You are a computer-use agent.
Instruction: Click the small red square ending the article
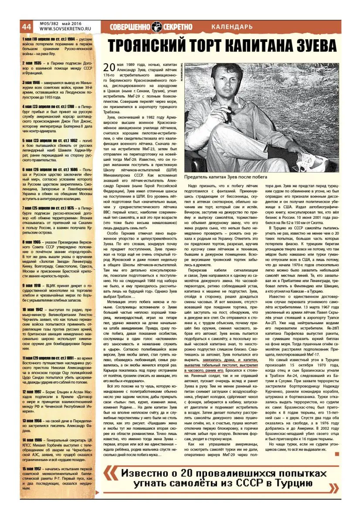336,455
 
